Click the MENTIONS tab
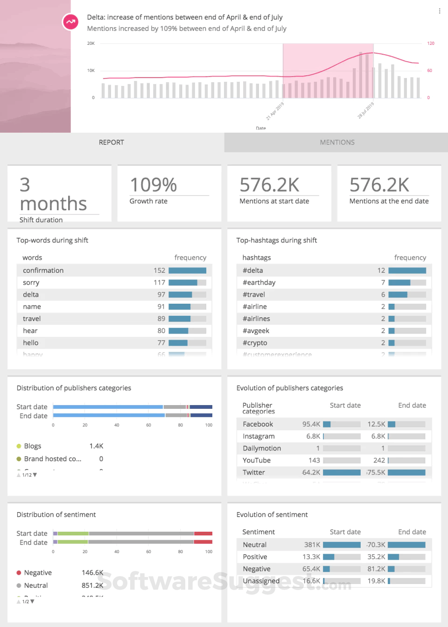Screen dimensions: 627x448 [337, 142]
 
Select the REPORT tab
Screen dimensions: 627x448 [112, 142]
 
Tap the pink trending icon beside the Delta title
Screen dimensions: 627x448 [70, 21]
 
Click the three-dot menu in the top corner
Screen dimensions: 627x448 [440, 11]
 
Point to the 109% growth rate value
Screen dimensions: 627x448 [153, 185]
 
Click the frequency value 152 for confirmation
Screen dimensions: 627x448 [159, 271]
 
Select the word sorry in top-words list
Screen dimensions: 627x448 [31, 283]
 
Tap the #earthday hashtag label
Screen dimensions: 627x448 [259, 283]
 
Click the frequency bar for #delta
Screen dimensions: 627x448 [407, 271]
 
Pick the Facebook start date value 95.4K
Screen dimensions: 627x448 [311, 424]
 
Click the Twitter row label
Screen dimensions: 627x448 [254, 472]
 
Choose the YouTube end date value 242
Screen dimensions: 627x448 [379, 460]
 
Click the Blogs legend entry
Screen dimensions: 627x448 [33, 446]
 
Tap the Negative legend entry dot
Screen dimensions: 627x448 [19, 573]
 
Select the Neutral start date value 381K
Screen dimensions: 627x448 [312, 545]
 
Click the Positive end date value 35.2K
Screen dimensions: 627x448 [376, 557]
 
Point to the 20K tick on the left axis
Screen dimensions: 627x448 [91, 43]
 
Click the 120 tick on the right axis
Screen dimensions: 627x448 [431, 43]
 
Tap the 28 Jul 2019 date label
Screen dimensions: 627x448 [366, 110]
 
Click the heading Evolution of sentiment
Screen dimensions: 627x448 [272, 515]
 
